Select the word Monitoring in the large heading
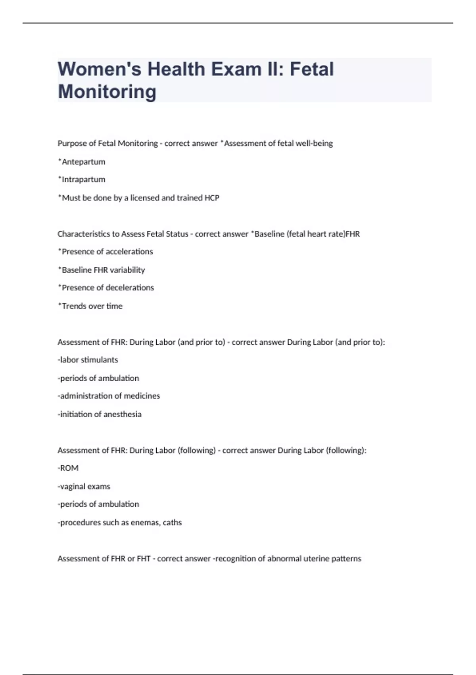(107, 91)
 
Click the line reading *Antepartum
(82, 162)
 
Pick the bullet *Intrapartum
(82, 179)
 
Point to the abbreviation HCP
(212, 198)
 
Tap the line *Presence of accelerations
(106, 252)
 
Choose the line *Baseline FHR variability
(102, 270)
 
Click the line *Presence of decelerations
(106, 288)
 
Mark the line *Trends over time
(90, 306)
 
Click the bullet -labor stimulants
(88, 360)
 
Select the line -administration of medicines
(109, 396)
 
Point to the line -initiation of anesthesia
(100, 414)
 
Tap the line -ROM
(68, 468)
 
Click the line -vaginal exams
(84, 486)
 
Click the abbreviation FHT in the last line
(144, 559)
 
